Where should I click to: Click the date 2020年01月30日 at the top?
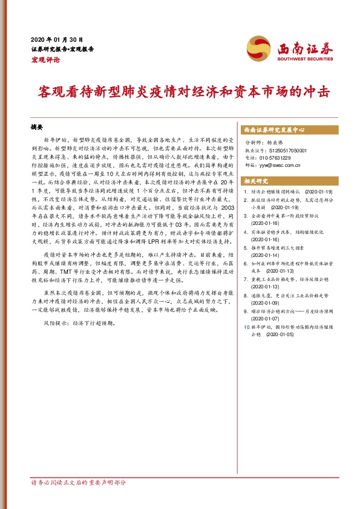(x=56, y=38)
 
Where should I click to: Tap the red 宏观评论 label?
(x=45, y=59)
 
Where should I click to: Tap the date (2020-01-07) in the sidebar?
(x=266, y=318)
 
